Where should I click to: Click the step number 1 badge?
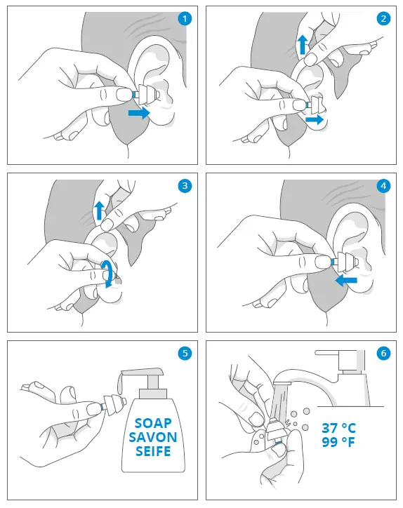(185, 19)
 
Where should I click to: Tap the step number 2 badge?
(383, 19)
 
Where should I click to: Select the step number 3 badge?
(185, 186)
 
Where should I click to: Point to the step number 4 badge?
(383, 186)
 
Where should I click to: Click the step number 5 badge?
(185, 353)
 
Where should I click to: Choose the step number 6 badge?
(383, 353)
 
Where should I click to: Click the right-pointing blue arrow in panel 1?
(139, 112)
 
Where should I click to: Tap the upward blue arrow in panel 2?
(301, 46)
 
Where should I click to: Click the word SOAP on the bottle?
(152, 423)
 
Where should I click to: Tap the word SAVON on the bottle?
(152, 437)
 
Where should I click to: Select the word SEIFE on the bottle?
(152, 451)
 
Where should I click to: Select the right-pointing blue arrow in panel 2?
(316, 120)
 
